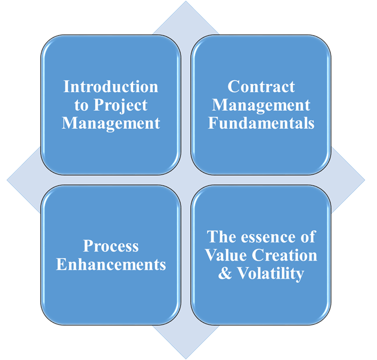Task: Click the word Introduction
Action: [x=111, y=87]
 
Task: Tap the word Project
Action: [x=120, y=106]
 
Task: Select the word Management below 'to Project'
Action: [x=111, y=124]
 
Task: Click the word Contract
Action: [x=261, y=87]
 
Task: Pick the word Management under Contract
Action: [x=261, y=106]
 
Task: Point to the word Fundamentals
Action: [x=261, y=123]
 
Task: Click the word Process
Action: [x=111, y=246]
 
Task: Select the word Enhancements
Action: [x=111, y=264]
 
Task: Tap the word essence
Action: [x=269, y=237]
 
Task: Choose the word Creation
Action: [x=284, y=255]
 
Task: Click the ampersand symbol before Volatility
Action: [x=225, y=273]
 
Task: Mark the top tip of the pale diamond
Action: [x=186, y=1]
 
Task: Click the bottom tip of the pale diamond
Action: [x=186, y=359]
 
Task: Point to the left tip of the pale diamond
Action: [x=7, y=179]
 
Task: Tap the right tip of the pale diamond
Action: [x=365, y=179]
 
